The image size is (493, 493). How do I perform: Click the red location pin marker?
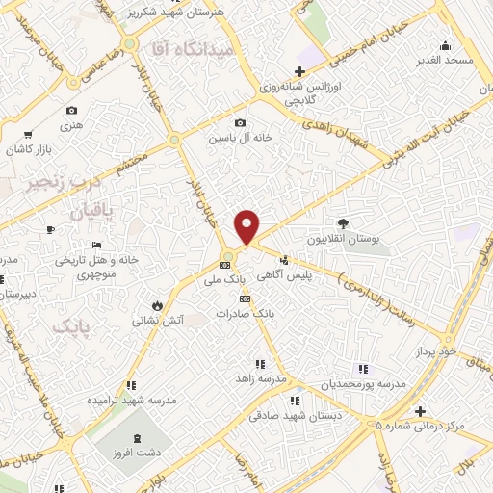pos(247,226)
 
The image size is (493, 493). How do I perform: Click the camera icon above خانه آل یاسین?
pos(241,123)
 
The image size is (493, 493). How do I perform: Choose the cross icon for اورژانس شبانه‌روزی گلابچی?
pos(300,72)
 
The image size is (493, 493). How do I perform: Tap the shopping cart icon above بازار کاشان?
pos(28,134)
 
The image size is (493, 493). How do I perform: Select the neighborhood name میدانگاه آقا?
pos(181,47)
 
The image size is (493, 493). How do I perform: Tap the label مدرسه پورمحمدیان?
pos(364,384)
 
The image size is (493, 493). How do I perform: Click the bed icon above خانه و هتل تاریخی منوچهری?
pos(51,230)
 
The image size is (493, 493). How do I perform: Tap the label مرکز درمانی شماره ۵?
pos(426,424)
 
